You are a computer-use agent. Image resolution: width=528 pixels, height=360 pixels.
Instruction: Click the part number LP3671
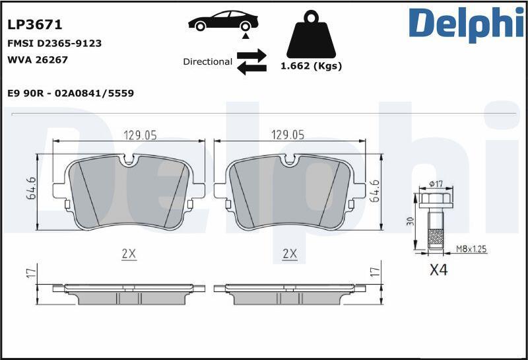35,24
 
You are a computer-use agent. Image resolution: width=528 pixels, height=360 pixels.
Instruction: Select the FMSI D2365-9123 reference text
54,44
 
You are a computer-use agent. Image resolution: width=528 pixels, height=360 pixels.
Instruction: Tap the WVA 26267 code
38,59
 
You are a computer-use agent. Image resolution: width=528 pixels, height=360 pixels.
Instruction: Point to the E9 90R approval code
71,93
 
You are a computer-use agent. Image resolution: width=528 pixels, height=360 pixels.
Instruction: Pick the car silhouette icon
223,21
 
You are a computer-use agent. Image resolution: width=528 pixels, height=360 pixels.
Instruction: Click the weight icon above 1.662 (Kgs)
311,34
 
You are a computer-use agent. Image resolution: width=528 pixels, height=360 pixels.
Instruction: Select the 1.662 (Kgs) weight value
311,66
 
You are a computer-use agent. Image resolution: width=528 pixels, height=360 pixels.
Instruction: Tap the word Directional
207,61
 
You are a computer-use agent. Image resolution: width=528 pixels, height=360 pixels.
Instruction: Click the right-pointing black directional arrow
251,55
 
